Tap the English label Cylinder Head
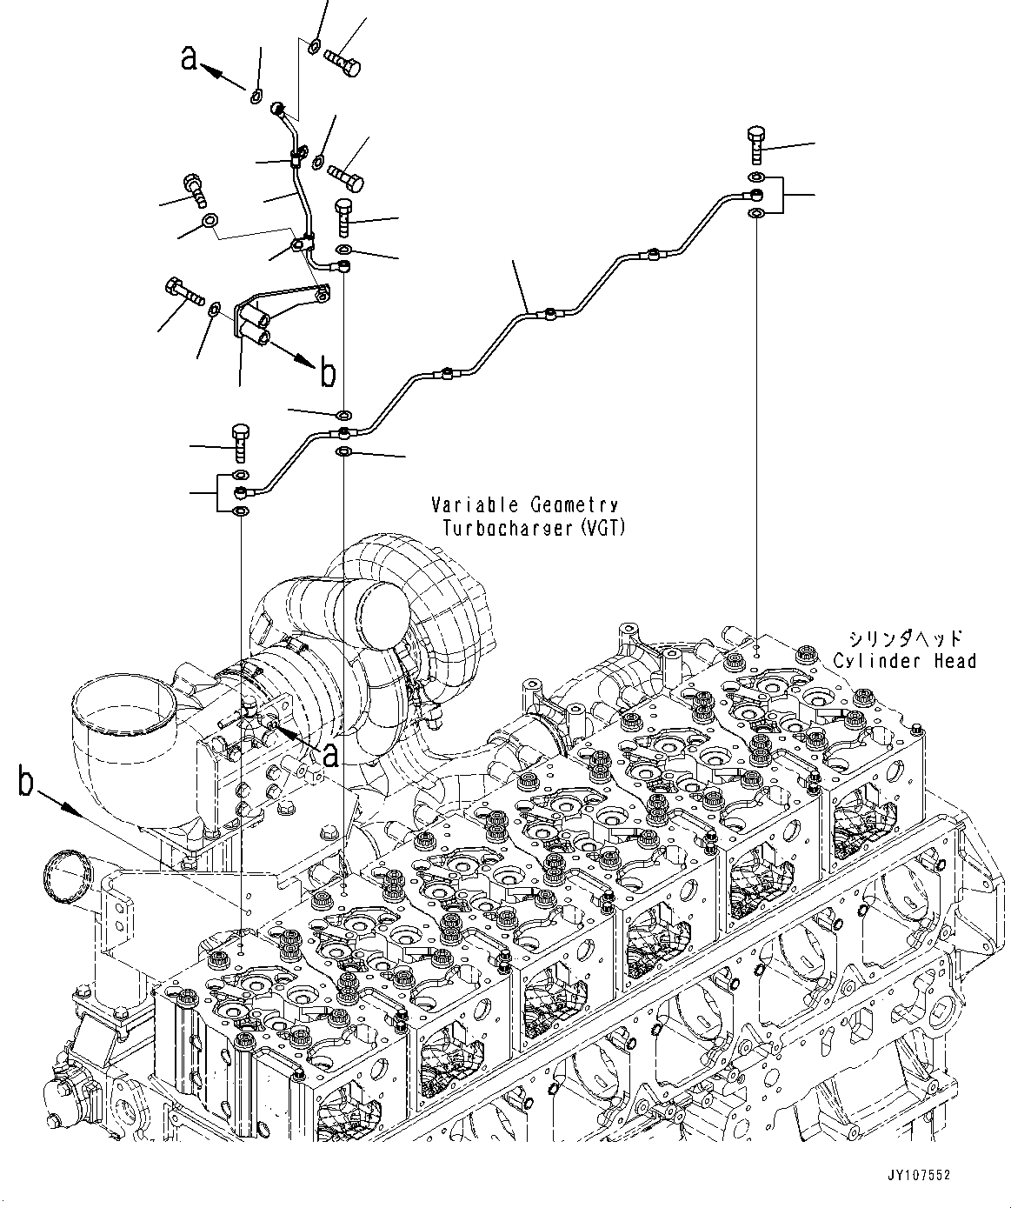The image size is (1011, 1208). [905, 661]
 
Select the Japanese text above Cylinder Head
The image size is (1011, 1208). [905, 638]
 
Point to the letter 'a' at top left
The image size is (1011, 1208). [189, 58]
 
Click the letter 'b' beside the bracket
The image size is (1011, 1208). [328, 373]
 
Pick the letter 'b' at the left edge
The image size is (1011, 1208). [26, 782]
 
